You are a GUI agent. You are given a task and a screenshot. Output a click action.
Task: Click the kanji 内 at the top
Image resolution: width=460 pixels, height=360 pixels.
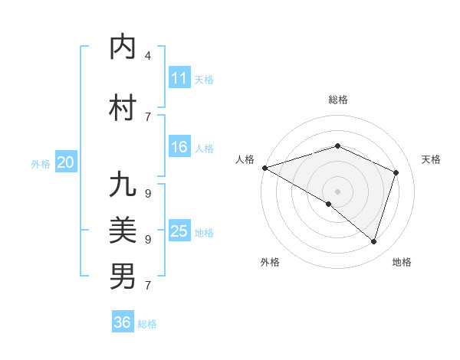click(x=123, y=47)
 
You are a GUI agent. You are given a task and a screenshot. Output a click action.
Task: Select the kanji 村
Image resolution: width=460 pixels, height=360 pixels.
click(x=123, y=108)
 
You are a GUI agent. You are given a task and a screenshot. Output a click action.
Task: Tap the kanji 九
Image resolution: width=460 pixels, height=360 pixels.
click(x=123, y=186)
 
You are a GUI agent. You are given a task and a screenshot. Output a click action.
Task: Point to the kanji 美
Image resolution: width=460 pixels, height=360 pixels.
click(x=123, y=231)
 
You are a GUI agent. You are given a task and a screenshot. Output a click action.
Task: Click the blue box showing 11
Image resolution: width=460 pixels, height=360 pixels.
click(x=179, y=78)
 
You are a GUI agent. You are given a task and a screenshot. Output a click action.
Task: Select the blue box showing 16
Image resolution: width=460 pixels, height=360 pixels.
click(x=179, y=148)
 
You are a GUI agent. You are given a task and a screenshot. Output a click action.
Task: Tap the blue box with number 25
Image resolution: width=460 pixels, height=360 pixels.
click(x=179, y=231)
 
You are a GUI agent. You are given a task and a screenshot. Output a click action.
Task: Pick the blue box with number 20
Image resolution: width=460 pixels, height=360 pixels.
click(x=66, y=162)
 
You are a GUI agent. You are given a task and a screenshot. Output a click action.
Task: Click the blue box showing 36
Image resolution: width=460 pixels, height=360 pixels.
click(x=123, y=322)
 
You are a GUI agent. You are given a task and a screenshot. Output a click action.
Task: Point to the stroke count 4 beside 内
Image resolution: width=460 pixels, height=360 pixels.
click(x=148, y=56)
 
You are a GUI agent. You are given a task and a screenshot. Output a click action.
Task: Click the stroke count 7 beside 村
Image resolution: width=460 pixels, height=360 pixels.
click(x=148, y=116)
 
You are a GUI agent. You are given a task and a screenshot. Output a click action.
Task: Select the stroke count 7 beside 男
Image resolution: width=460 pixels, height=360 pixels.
click(x=148, y=286)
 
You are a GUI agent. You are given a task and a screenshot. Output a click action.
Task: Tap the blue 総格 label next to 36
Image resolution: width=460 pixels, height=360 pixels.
click(x=147, y=324)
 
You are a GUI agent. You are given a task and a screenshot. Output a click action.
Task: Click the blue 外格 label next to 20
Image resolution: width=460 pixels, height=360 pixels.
click(x=41, y=164)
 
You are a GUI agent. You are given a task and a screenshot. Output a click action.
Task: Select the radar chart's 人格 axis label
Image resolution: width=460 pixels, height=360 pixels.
click(x=245, y=159)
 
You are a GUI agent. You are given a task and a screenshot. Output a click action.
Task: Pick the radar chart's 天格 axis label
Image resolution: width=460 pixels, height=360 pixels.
click(x=431, y=159)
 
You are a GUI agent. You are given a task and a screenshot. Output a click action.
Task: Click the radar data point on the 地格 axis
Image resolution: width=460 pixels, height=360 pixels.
click(x=373, y=241)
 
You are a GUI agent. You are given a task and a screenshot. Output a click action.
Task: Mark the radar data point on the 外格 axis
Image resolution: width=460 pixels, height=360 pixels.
click(x=329, y=204)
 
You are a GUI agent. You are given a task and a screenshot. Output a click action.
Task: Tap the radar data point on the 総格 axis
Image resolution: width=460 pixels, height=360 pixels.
click(x=337, y=146)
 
